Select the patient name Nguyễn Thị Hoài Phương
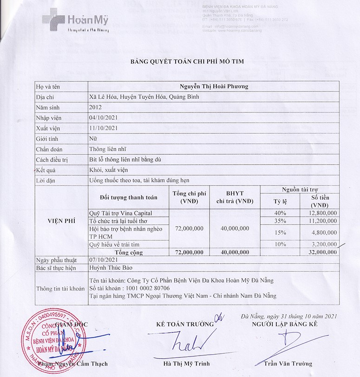[214, 86]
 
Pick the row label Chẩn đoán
[49, 149]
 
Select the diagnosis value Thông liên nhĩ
[108, 149]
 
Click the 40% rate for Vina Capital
[280, 213]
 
